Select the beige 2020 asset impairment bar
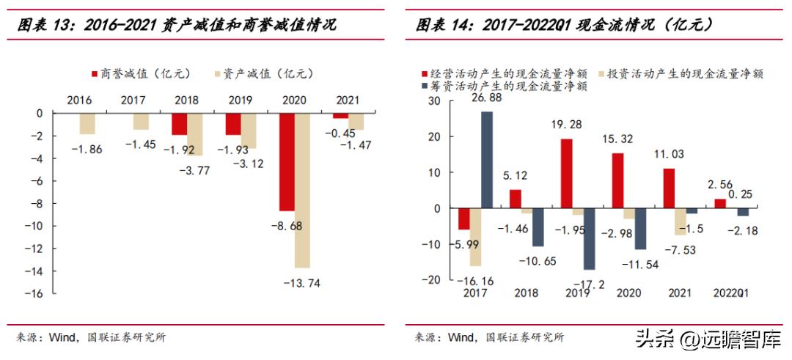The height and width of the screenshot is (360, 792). point(301,191)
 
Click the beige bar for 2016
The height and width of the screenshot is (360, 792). point(87,123)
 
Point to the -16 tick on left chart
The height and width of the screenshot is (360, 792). point(34,293)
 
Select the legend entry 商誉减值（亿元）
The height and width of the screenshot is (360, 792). point(140,73)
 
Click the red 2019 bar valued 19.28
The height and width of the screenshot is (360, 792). point(566,174)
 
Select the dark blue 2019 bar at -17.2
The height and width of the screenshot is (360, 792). point(589,239)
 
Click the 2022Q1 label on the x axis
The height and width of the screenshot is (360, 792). point(731,293)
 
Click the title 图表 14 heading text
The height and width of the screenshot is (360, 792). point(564,24)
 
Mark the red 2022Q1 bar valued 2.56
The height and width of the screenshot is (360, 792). point(719,204)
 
